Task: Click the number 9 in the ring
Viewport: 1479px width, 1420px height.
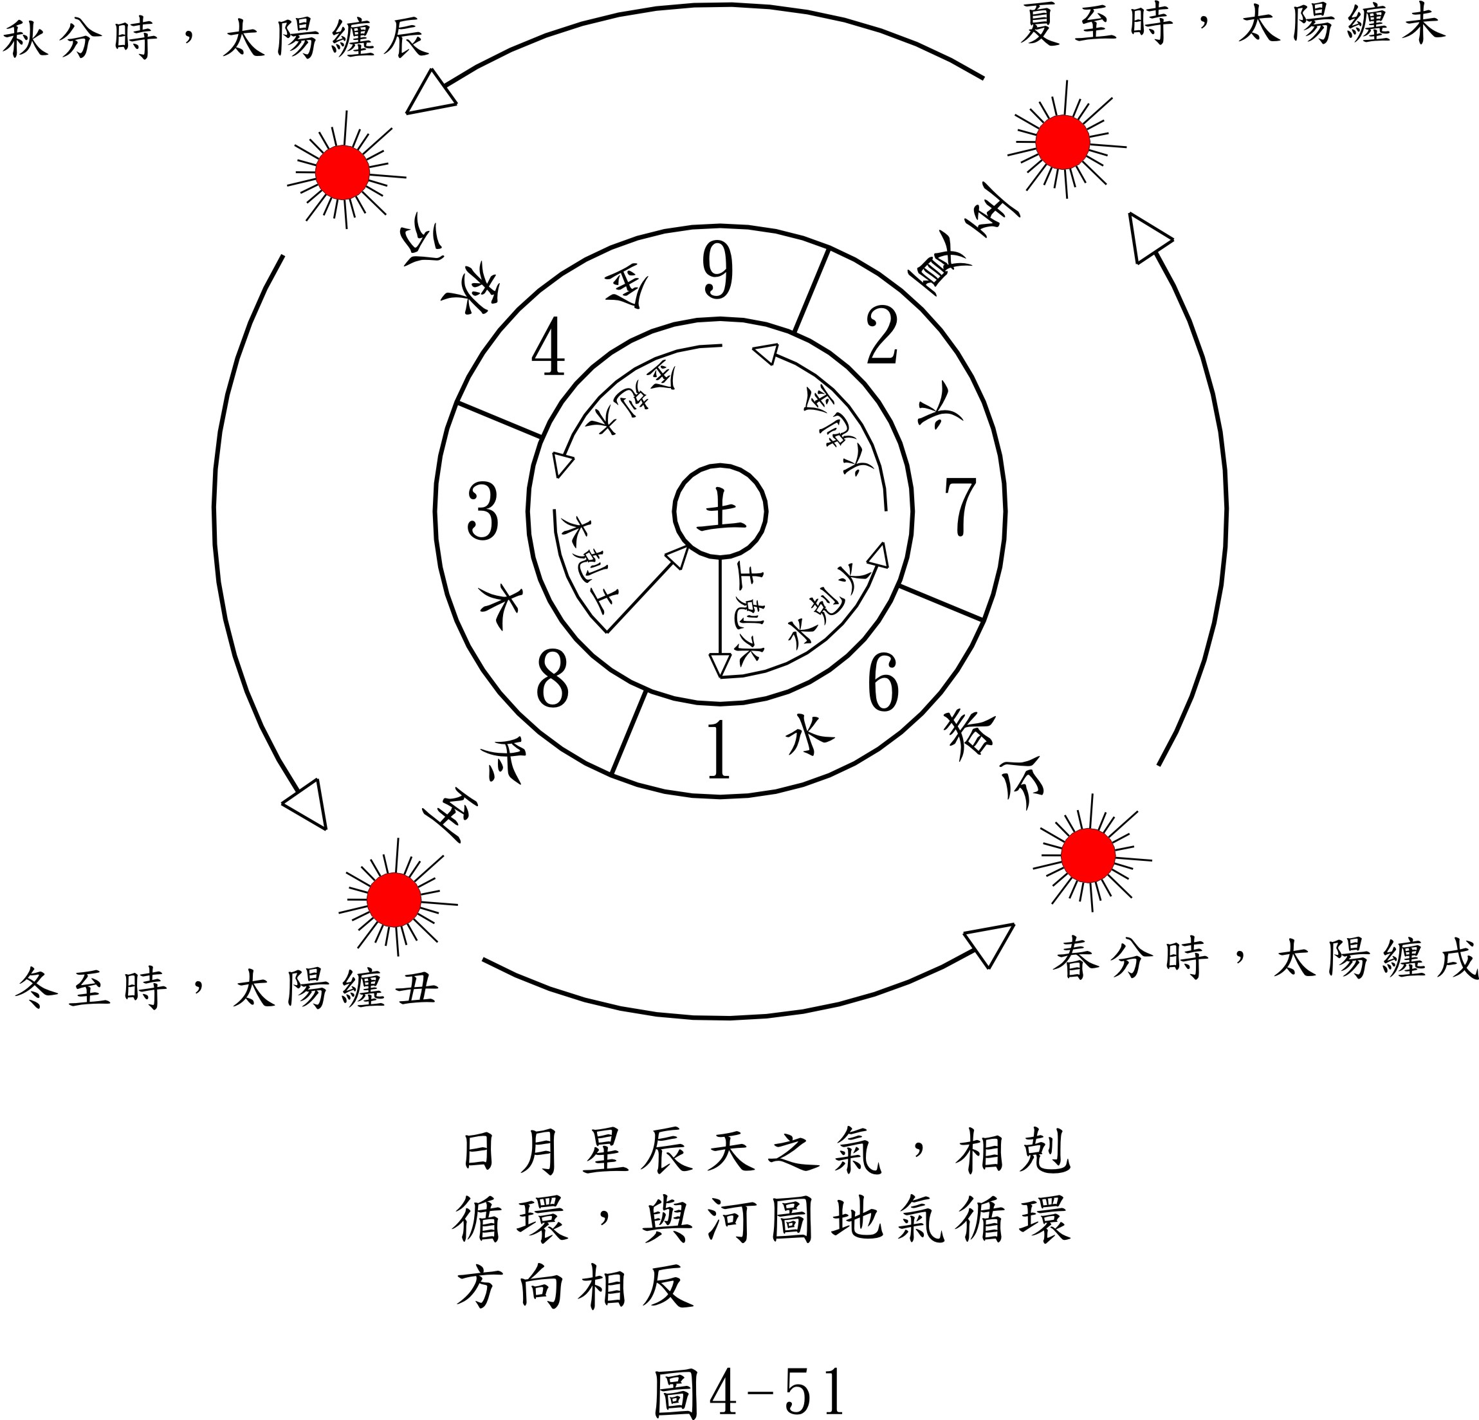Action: point(717,271)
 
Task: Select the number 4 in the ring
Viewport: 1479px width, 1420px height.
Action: point(549,347)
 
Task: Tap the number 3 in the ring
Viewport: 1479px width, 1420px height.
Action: point(483,511)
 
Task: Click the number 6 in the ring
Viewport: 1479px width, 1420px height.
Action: point(884,683)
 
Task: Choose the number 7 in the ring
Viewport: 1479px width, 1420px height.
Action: point(960,507)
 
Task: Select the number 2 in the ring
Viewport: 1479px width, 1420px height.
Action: point(882,337)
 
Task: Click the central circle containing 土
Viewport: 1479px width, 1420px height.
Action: point(720,512)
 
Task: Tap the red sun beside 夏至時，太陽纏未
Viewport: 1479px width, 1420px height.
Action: point(1063,142)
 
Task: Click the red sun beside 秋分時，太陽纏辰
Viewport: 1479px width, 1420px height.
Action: point(343,173)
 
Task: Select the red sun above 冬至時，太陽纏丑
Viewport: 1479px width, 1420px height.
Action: point(394,900)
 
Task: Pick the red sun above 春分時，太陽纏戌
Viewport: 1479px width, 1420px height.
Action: point(1088,856)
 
